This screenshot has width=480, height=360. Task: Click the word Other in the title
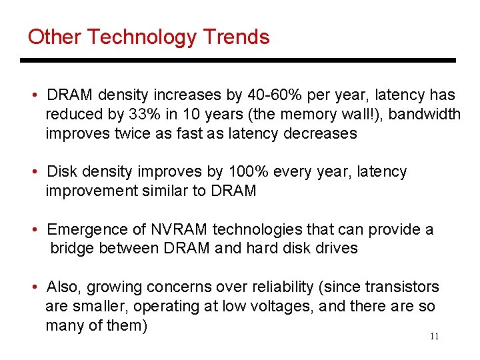pyautogui.click(x=53, y=37)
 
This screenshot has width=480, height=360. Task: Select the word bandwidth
pyautogui.click(x=424, y=114)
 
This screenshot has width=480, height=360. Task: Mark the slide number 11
pyautogui.click(x=434, y=337)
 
